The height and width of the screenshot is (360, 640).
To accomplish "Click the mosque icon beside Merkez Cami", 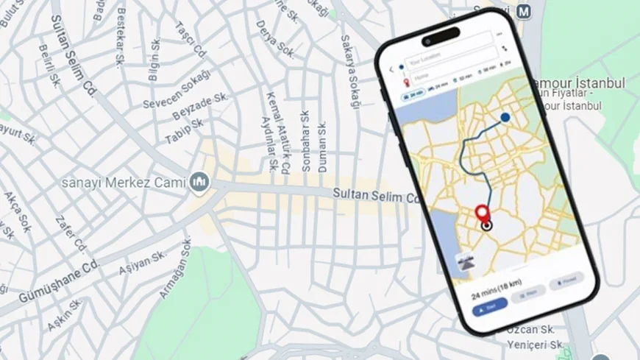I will [x=199, y=182].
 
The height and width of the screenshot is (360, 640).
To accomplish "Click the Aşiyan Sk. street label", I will [x=144, y=262].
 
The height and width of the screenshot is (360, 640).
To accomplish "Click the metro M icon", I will [x=523, y=12].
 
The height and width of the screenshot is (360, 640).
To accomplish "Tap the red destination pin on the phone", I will [x=483, y=213].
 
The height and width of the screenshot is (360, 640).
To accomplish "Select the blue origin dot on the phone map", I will [x=505, y=117].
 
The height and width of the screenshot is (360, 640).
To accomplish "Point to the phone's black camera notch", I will [x=440, y=34].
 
